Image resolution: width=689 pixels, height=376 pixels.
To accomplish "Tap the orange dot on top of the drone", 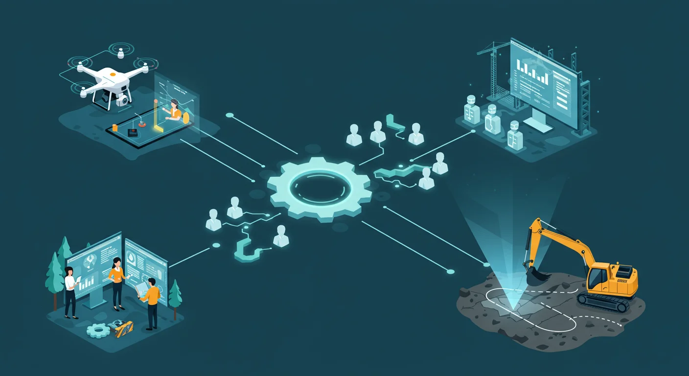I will [x=113, y=74].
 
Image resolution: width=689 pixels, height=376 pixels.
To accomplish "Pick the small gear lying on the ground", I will [x=98, y=330].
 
